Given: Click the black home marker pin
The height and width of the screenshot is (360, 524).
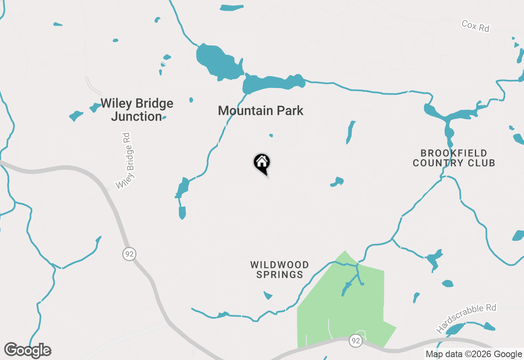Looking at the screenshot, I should (x=262, y=163).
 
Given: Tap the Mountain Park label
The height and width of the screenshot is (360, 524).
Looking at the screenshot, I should (x=261, y=110).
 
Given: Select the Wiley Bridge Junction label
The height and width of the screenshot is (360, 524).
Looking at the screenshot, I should (x=137, y=110).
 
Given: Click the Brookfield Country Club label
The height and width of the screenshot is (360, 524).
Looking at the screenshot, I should (x=454, y=158).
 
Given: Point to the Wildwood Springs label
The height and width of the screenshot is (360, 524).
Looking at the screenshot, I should (x=280, y=270).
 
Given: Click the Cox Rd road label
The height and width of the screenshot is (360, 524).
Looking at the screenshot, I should (x=475, y=26).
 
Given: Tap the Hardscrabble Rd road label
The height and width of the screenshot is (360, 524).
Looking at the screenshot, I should (x=466, y=318).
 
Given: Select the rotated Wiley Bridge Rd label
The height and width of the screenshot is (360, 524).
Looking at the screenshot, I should (x=128, y=161).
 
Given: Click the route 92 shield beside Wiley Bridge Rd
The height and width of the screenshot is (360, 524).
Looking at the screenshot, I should (x=129, y=254).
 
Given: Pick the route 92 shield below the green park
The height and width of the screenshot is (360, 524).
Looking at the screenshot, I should (x=356, y=341).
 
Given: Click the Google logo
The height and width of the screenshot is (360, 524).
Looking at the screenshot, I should (x=28, y=351).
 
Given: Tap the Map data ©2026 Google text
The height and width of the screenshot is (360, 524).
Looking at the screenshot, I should (x=474, y=354).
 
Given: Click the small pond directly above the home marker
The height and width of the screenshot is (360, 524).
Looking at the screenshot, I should (x=271, y=135).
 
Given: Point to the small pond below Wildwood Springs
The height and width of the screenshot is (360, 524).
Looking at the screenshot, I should (x=268, y=295).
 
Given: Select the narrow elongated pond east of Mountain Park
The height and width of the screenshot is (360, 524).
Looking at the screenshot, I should (x=350, y=132).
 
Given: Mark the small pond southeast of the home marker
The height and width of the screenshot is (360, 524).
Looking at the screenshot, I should (x=337, y=182).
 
